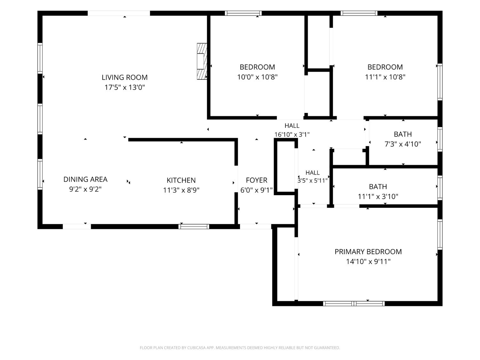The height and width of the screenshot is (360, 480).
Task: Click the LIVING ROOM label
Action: coord(124,77)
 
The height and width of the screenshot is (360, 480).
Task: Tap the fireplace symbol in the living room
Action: coord(202,61)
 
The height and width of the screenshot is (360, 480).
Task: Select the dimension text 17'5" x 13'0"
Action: coord(124,87)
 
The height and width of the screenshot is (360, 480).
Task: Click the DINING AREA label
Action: coord(85,179)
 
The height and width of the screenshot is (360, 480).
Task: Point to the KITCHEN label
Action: coord(181,180)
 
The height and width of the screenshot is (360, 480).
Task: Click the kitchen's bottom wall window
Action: coord(194,227)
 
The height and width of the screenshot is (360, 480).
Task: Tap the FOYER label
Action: coord(257,180)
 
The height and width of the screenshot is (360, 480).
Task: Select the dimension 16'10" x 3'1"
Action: coord(292,134)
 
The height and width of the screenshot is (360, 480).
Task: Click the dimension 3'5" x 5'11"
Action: coord(313,180)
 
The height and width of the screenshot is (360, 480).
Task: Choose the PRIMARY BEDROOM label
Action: coord(368,252)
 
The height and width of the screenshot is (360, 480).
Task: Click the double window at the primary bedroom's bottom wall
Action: coord(354,303)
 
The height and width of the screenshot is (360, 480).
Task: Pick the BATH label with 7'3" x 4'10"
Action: coord(403,134)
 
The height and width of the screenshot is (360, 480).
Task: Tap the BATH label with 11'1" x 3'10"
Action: coord(378,187)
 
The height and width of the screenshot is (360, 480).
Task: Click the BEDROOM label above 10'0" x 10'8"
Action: coord(257,67)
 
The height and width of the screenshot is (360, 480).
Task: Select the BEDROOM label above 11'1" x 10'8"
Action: coord(385,67)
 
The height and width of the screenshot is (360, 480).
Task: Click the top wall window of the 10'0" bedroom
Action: coord(243,13)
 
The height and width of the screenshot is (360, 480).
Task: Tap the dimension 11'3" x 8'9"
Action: coord(181,190)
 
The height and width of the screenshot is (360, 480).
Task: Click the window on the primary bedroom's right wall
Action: coord(440,234)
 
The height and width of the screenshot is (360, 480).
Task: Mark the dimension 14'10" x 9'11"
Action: coord(368,262)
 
